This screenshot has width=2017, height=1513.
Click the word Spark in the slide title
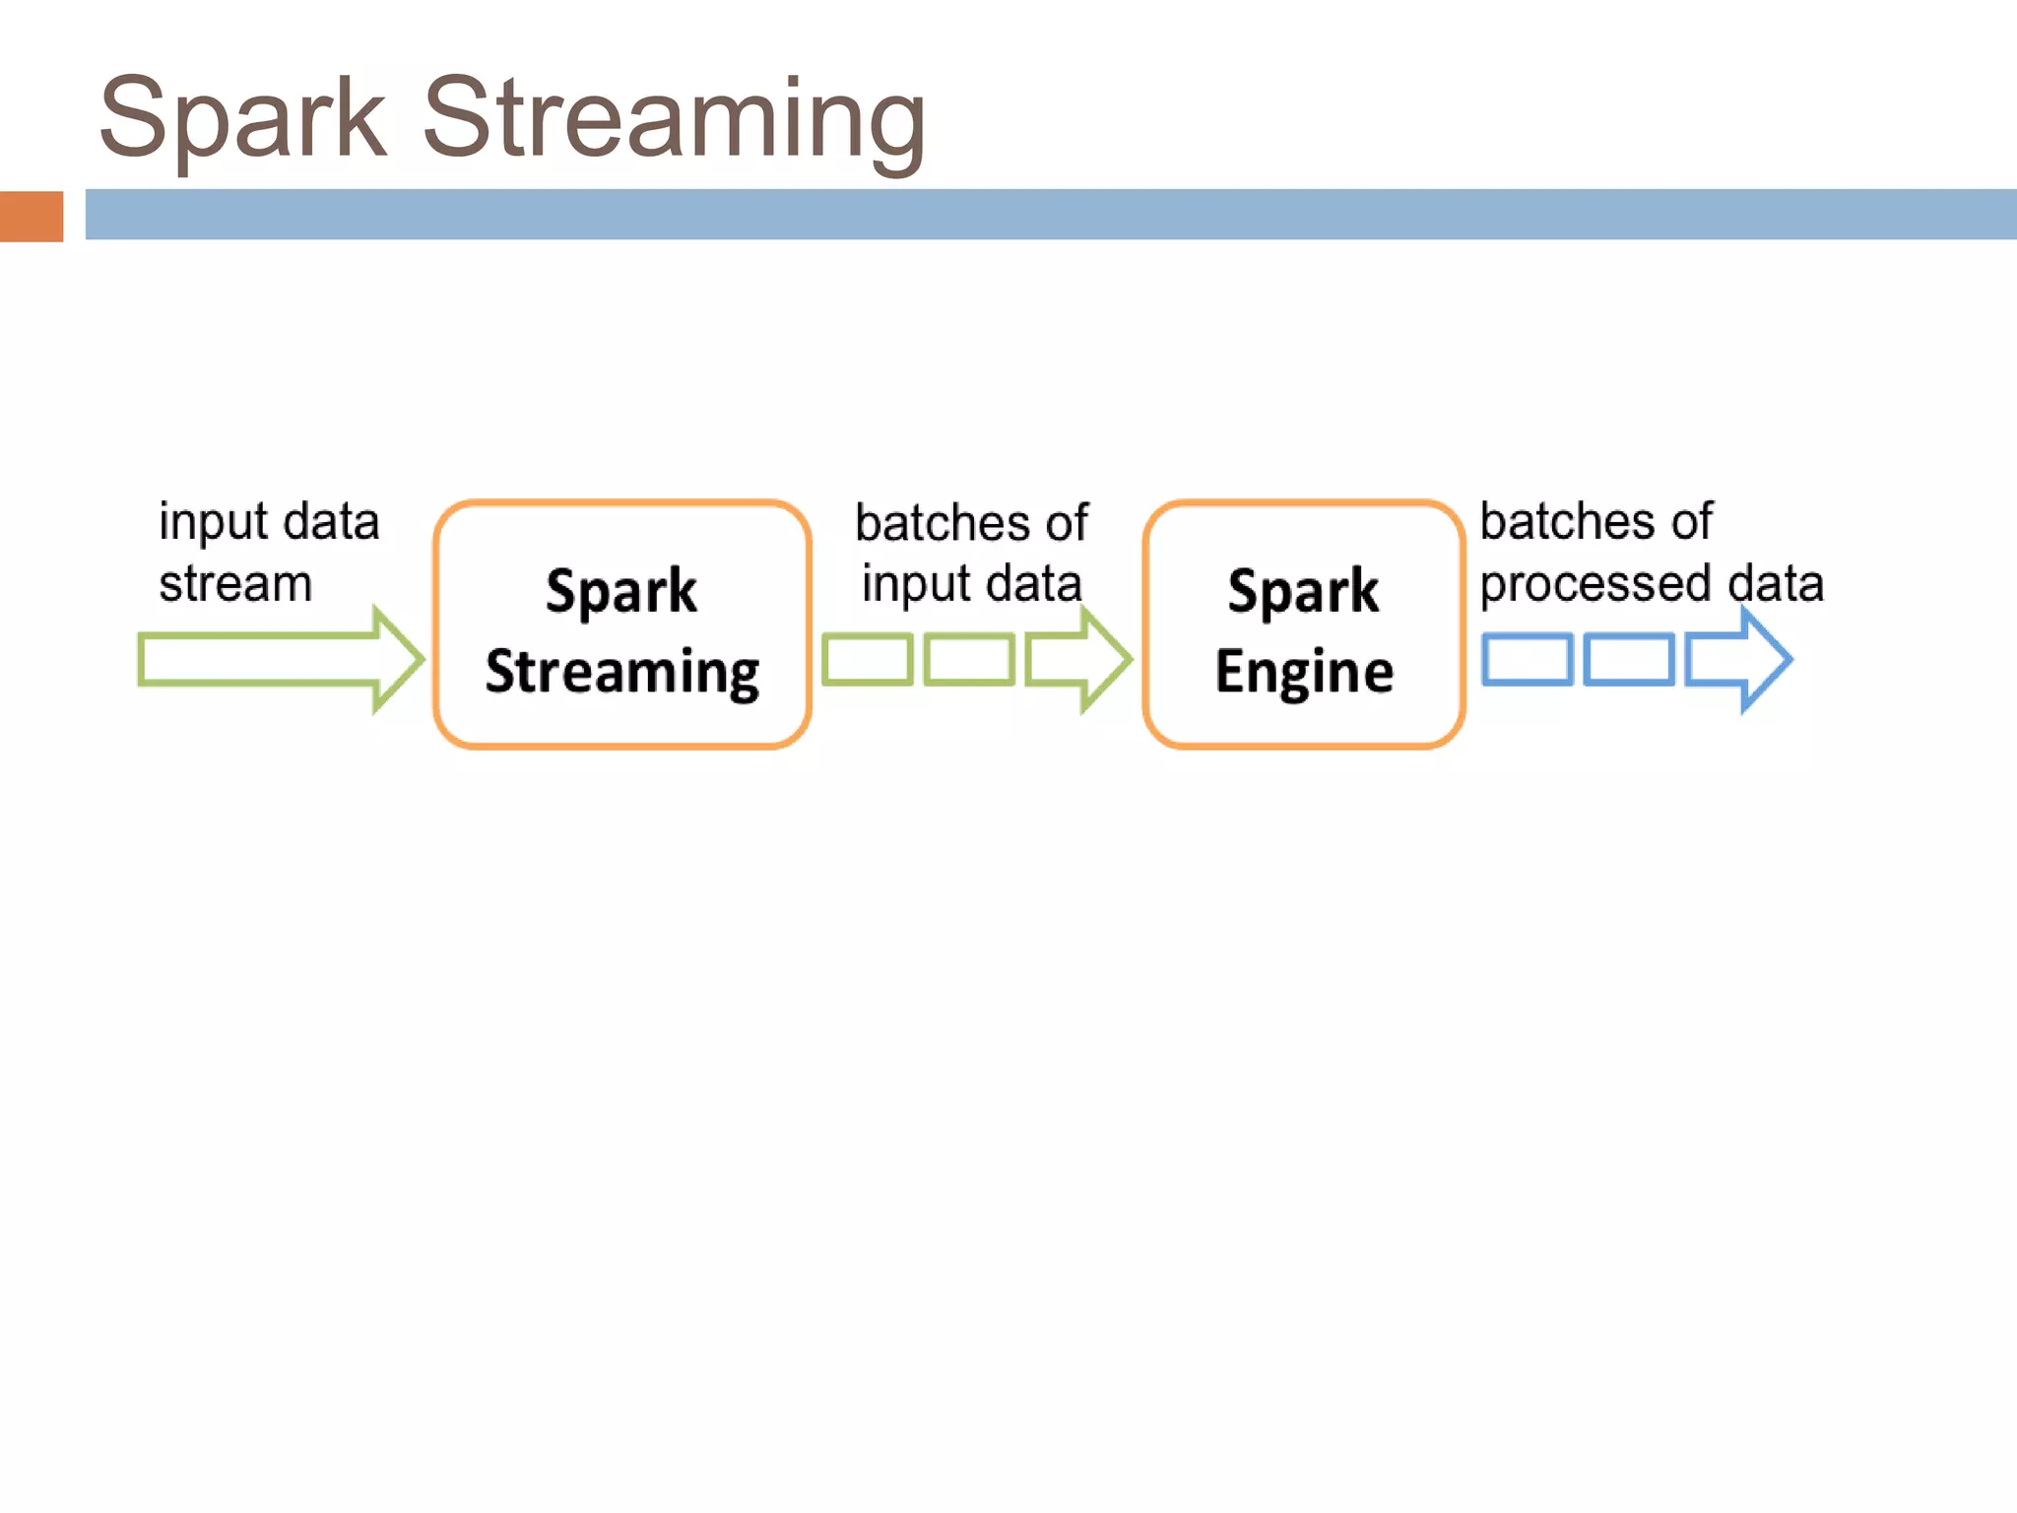[x=242, y=118]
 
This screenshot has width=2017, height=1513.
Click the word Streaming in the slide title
[x=674, y=118]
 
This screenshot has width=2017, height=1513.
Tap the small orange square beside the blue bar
[x=32, y=216]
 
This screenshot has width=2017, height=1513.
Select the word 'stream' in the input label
[x=235, y=584]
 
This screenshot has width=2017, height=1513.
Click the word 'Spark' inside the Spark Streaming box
[x=621, y=591]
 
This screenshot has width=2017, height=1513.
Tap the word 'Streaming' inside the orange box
[x=621, y=672]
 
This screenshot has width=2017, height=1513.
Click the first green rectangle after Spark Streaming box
[x=868, y=660]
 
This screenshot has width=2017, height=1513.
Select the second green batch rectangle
[x=969, y=660]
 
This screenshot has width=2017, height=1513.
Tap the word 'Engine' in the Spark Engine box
[x=1304, y=672]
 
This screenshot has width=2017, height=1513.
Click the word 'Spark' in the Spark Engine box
[x=1303, y=591]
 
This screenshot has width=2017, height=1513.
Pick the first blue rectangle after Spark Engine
[x=1528, y=660]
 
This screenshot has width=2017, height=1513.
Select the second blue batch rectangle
[x=1629, y=660]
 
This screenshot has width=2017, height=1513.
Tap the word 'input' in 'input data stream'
[x=214, y=522]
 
